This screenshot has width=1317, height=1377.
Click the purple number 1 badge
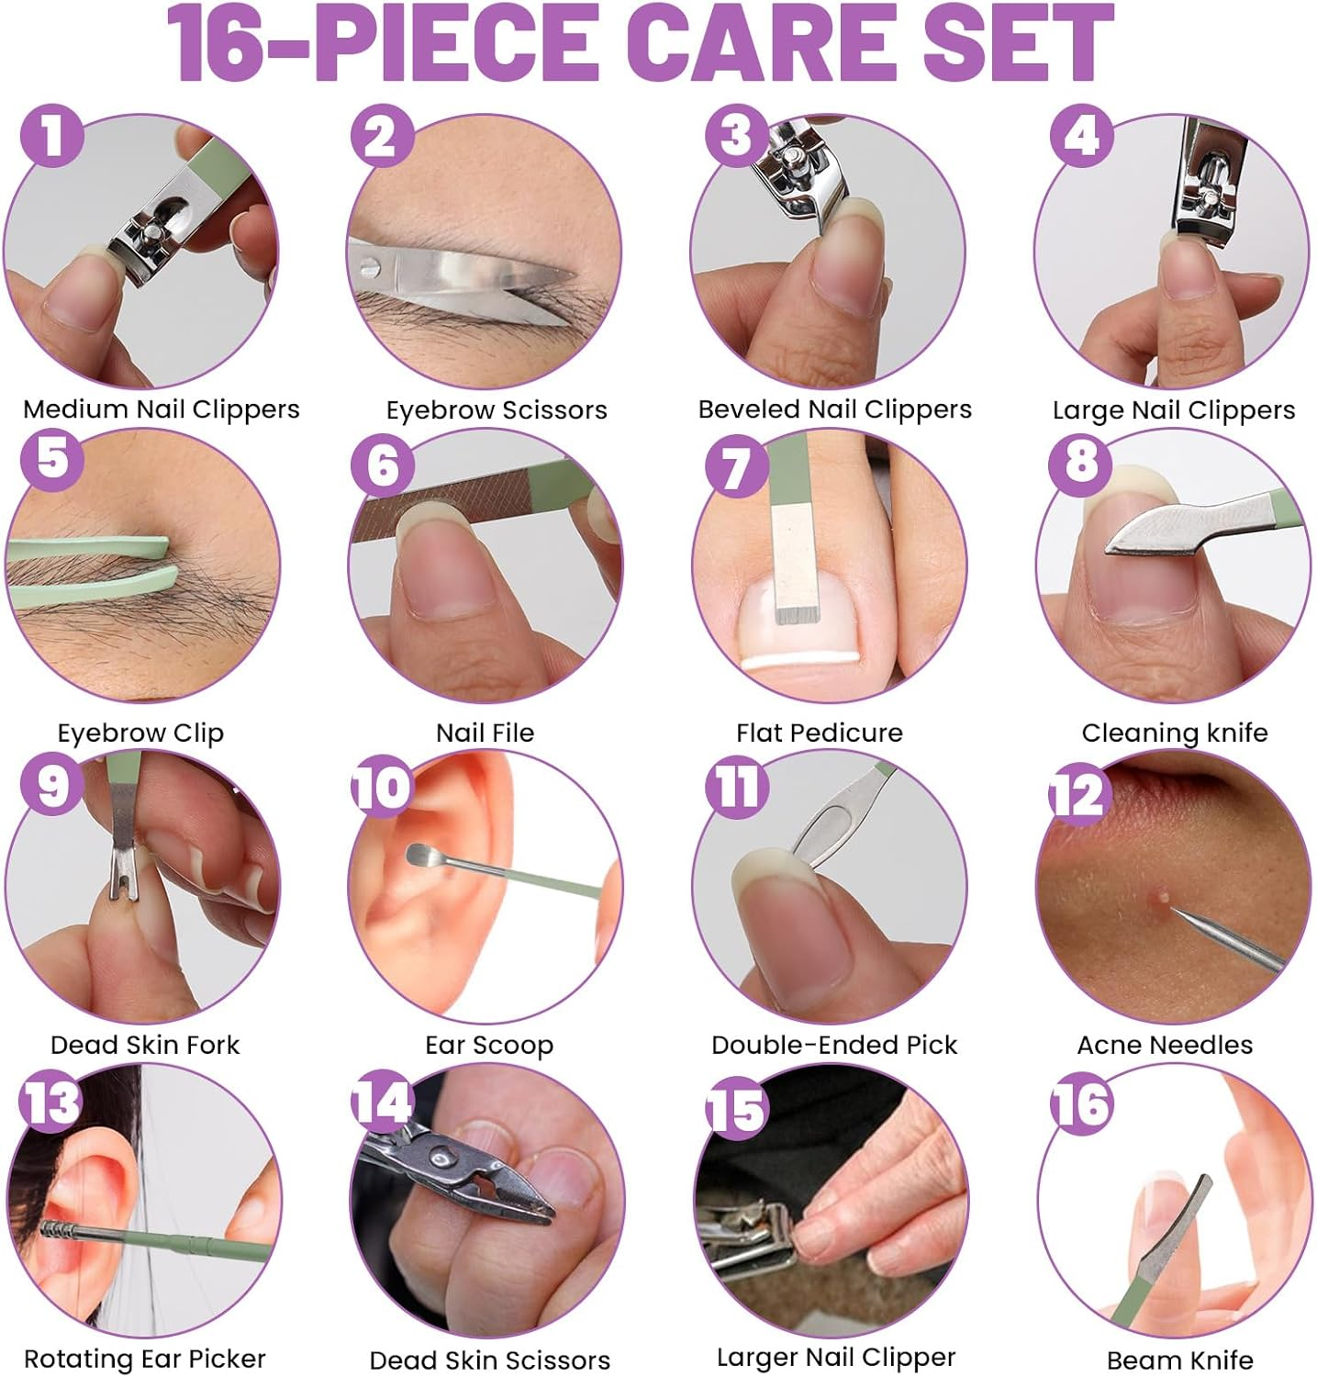52,135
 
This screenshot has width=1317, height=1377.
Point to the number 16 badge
1082,1103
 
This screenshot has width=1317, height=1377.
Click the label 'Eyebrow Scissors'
496,409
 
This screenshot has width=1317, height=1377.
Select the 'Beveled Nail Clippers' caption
834,409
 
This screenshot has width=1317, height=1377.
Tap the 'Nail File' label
485,733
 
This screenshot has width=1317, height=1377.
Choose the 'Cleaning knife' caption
1174,733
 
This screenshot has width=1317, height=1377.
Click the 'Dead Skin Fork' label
144,1045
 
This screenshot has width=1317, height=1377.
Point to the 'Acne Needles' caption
1164,1045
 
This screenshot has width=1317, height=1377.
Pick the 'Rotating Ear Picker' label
144,1359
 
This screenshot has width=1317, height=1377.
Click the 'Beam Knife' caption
1179,1360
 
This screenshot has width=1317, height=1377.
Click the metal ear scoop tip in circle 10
420,853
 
